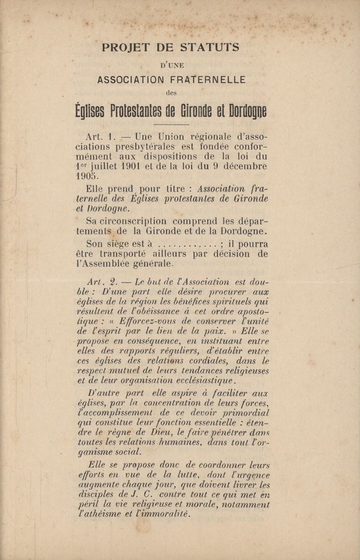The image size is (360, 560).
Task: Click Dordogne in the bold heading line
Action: click(x=242, y=111)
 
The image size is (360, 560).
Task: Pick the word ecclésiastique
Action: click(x=193, y=380)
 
